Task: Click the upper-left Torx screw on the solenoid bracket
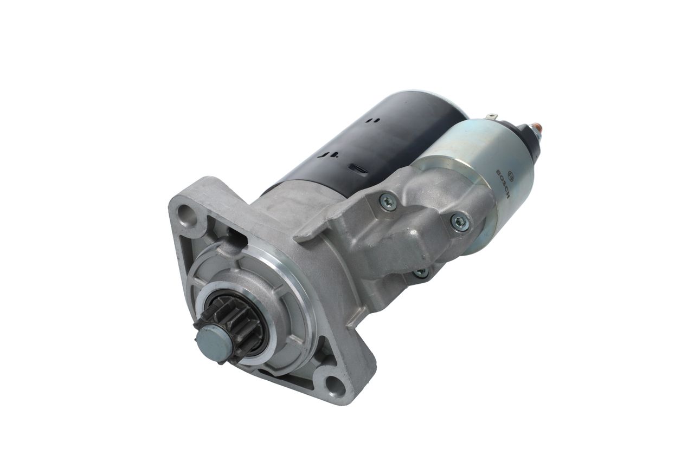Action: point(388,202)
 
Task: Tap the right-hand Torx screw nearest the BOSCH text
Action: point(460,222)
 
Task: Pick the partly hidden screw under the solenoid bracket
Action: point(422,272)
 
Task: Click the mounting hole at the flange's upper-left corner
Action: point(188,214)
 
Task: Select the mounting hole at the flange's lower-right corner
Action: point(335,386)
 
